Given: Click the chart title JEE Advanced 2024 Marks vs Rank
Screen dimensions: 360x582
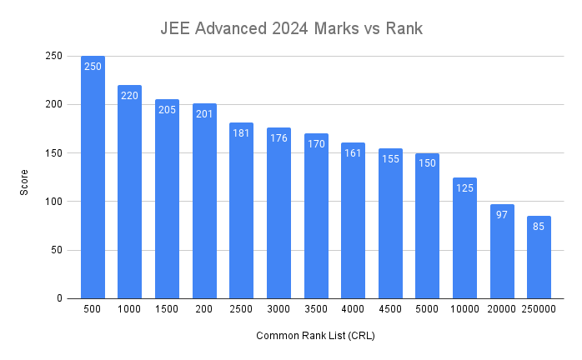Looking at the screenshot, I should coord(292,28).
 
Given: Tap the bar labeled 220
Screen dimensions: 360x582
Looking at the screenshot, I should coord(129,192).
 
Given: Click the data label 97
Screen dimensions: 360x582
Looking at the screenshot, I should coord(502,215).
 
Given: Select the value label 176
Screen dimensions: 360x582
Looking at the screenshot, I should coord(278,138).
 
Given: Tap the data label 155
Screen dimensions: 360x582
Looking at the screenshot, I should coord(390,158).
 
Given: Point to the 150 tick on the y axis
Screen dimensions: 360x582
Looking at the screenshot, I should coord(53,153).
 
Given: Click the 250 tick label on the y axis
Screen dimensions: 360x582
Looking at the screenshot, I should coord(53,57).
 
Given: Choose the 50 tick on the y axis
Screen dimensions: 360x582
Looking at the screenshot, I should coord(56,250).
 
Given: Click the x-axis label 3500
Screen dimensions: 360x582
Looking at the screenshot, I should coord(316,308).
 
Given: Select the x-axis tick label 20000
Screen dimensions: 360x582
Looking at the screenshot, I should coord(502,308).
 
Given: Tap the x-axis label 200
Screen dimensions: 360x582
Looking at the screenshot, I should coord(204,308).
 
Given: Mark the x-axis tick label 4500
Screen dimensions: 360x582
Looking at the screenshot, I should coord(390,308).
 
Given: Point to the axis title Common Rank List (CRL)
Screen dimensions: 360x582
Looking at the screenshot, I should coord(316,336).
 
